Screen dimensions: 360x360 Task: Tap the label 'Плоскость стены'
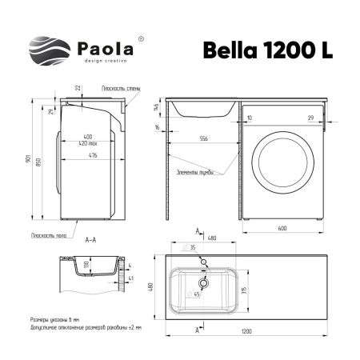(121, 88)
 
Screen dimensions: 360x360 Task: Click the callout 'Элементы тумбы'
(194, 172)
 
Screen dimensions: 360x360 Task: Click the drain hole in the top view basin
(204, 282)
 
